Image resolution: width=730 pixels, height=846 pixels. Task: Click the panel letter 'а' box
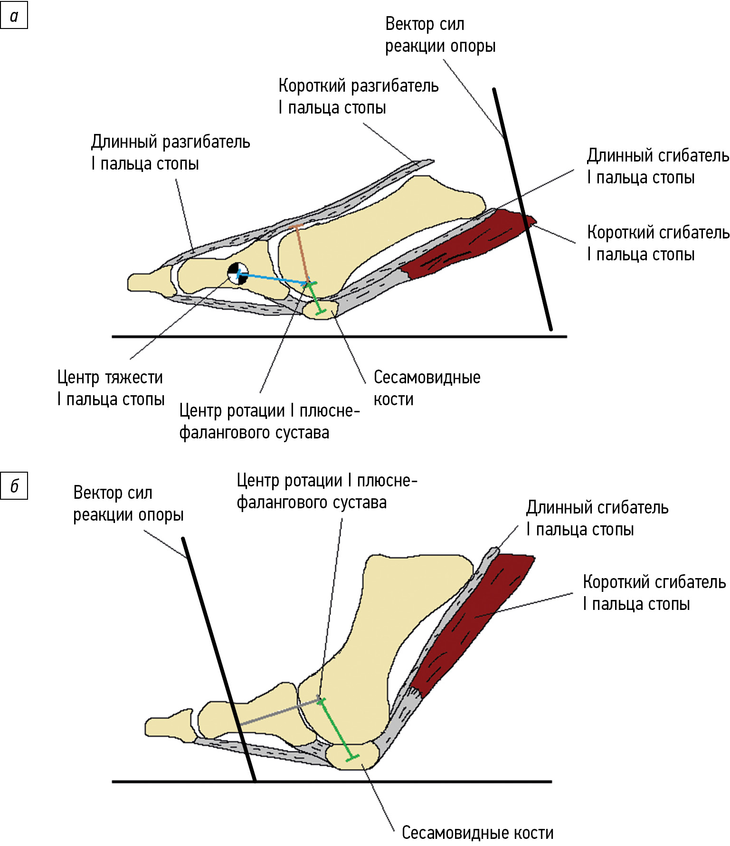(x=14, y=16)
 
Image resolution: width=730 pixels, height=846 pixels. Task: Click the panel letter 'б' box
(x=14, y=485)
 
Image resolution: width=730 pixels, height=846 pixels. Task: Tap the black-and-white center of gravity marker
(x=237, y=274)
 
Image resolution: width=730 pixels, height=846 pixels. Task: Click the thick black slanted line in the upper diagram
(x=522, y=209)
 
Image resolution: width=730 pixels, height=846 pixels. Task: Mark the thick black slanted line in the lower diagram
(x=218, y=660)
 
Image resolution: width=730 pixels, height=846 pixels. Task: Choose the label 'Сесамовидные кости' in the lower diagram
(x=477, y=833)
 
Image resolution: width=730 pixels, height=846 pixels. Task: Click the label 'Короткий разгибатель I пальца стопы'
(x=358, y=96)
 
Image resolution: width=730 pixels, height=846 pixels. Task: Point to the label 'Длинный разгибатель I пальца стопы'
(x=170, y=152)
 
